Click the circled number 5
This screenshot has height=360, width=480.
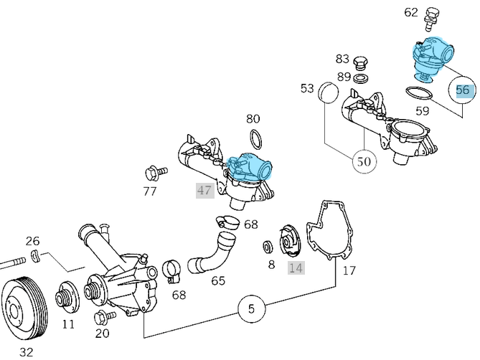[251, 310]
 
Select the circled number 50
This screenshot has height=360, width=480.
[364, 161]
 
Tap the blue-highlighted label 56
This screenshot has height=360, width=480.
[463, 90]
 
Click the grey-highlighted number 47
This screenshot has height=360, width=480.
[204, 190]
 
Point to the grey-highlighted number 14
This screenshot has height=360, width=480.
[296, 267]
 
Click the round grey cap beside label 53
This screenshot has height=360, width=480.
[327, 93]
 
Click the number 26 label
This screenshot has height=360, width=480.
[33, 241]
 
